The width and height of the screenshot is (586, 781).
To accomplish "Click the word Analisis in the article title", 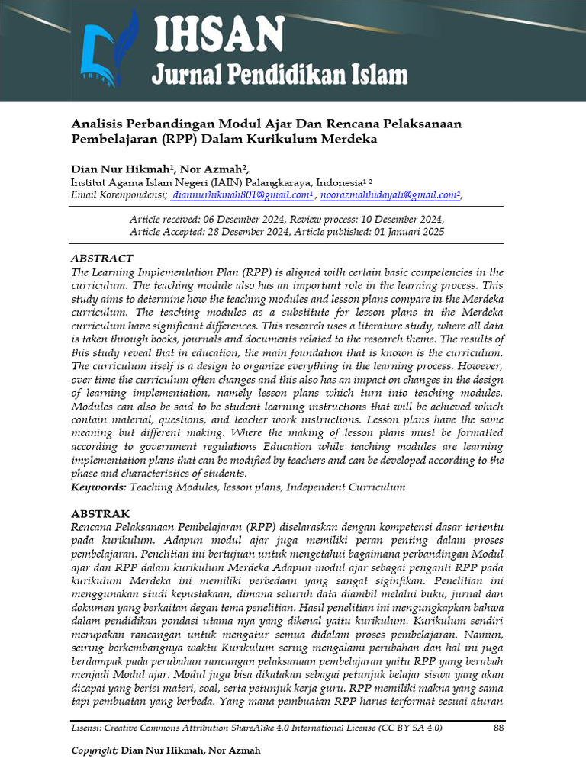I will click(x=98, y=124).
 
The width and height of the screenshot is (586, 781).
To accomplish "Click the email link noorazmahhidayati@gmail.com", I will click(x=389, y=195).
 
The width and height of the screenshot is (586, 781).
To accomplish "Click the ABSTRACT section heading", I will click(x=101, y=259).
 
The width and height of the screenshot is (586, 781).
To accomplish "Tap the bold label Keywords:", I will click(x=98, y=487).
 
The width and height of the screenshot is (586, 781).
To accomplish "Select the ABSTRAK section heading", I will click(x=100, y=514).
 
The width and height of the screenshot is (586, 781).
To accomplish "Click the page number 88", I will click(x=499, y=728).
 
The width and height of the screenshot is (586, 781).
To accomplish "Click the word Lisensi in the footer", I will click(x=87, y=728).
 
